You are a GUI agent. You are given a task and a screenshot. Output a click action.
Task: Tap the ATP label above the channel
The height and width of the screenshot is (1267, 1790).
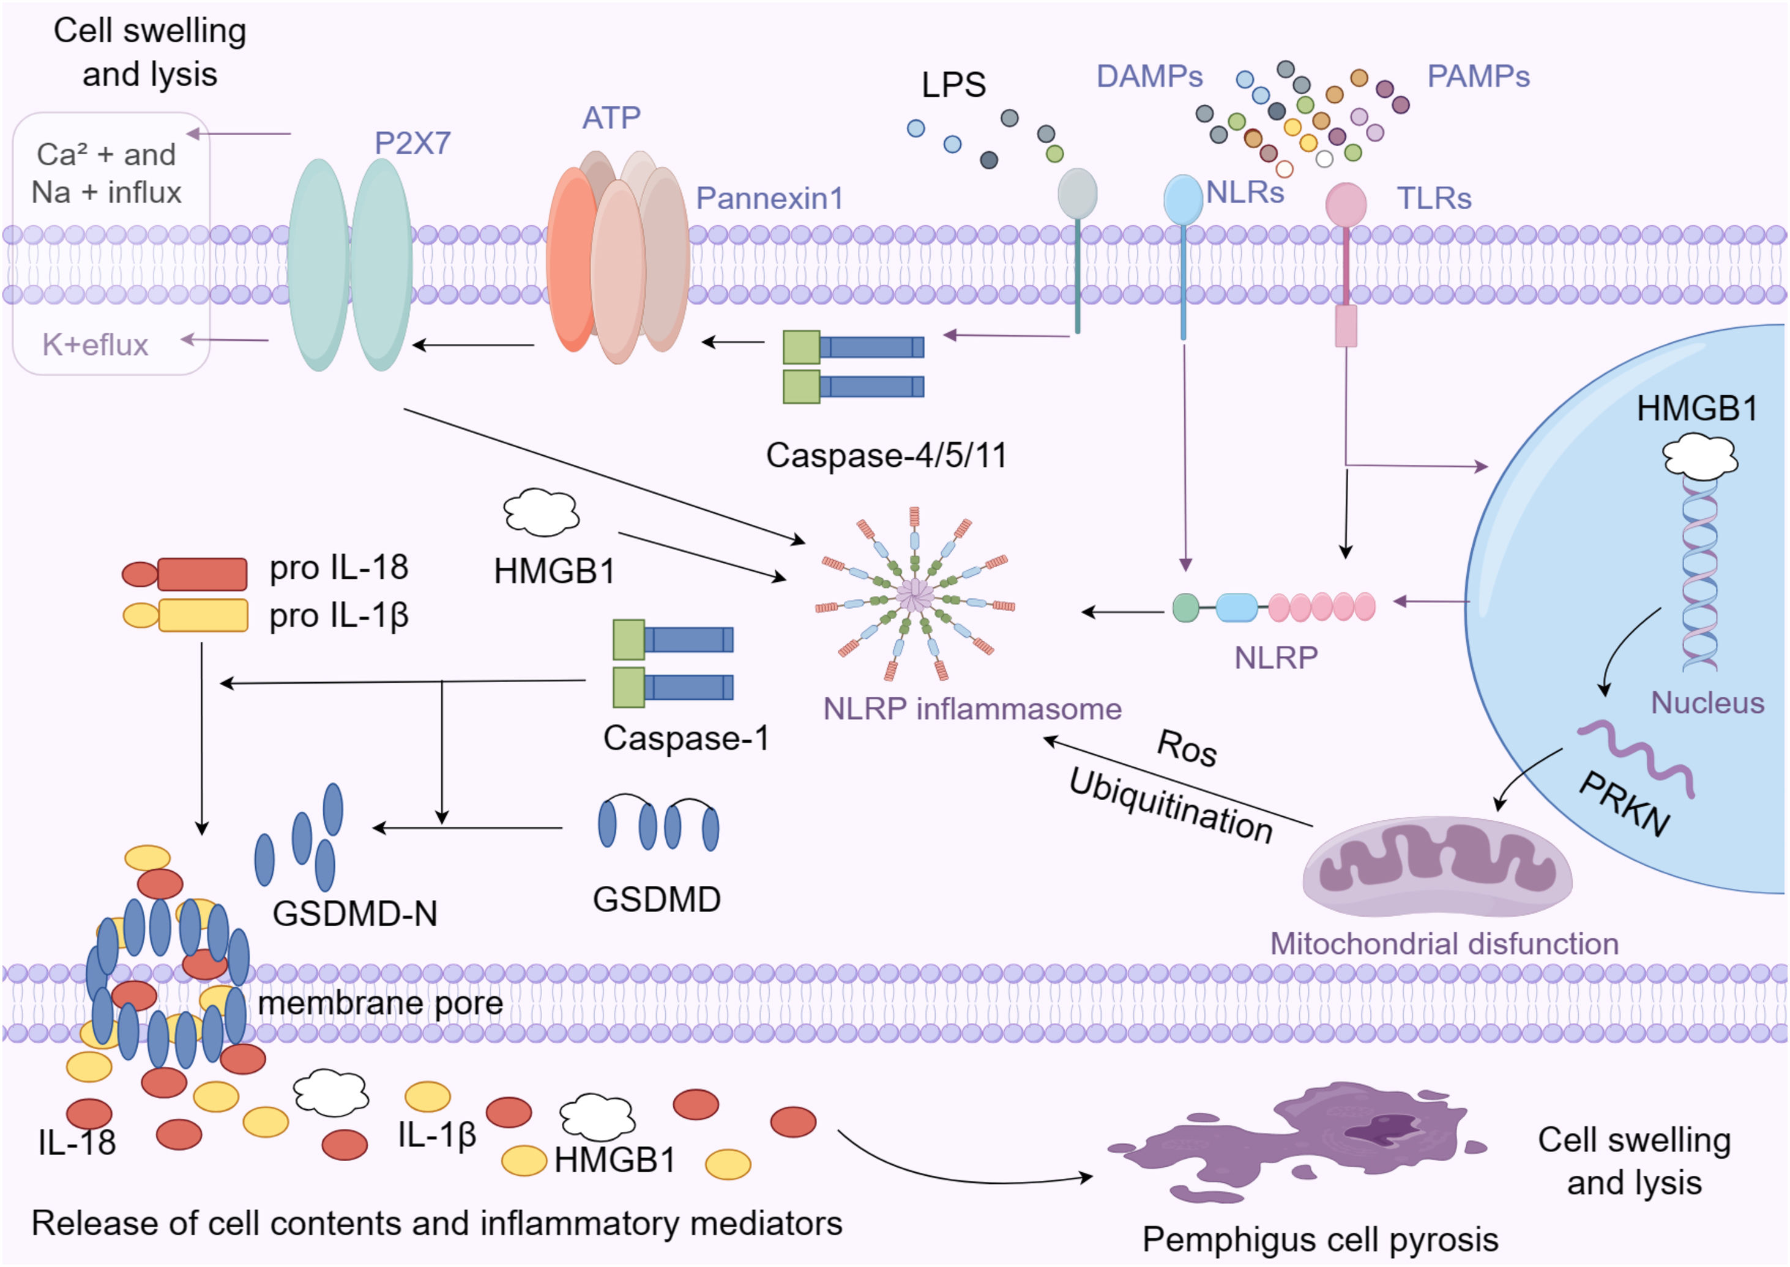point(611,118)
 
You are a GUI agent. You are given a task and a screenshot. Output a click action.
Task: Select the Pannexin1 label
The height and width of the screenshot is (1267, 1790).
point(769,198)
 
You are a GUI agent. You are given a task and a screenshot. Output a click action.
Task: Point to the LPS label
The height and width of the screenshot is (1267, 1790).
point(953,84)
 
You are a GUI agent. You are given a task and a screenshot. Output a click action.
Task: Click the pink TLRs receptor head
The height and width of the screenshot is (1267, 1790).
point(1345,204)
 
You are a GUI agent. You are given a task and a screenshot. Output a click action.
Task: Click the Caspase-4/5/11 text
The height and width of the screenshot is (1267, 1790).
point(886,455)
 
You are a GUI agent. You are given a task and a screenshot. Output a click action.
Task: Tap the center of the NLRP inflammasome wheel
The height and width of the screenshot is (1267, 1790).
point(914,595)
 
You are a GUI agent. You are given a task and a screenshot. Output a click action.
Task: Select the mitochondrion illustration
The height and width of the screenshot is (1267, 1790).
point(1438,866)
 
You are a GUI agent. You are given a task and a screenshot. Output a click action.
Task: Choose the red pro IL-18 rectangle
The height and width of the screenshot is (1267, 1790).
point(202,574)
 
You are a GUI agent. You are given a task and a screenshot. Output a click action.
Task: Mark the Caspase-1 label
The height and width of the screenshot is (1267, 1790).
point(686,738)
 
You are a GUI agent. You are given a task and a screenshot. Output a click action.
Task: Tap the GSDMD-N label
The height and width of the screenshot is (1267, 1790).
point(354,913)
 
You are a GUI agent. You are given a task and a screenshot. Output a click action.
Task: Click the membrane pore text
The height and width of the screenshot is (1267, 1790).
point(380,1003)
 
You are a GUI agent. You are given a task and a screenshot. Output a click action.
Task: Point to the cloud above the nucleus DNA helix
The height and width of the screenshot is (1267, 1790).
point(1700,457)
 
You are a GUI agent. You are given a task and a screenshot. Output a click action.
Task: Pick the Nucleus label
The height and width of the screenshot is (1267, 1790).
point(1707,703)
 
